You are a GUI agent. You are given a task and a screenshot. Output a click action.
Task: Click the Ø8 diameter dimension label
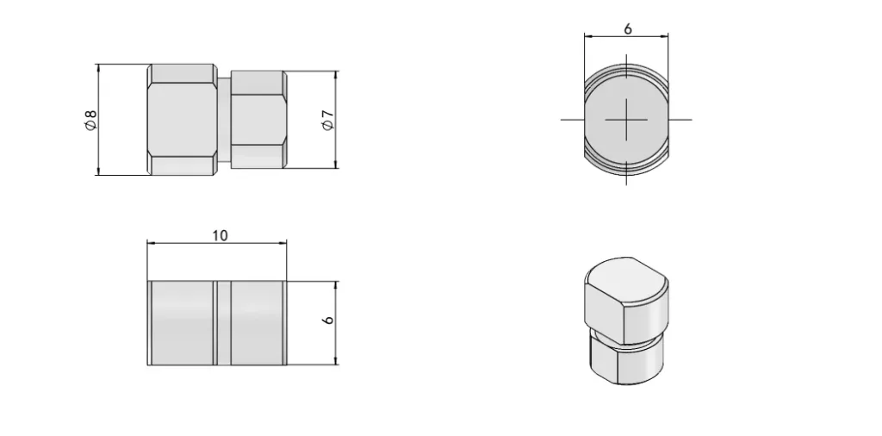[x=90, y=120]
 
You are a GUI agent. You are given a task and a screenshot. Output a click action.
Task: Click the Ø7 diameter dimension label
[x=326, y=120]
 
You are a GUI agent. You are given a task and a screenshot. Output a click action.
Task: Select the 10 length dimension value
[x=220, y=235]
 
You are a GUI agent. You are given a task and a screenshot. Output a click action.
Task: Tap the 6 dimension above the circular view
[x=627, y=28]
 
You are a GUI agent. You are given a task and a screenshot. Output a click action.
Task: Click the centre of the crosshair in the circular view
[x=626, y=119]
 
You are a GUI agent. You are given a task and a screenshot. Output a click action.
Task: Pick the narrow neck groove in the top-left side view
[x=224, y=120]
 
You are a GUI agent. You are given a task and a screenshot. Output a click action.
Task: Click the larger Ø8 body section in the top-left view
[x=182, y=120]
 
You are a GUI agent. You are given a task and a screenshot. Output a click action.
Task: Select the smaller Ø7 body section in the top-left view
[x=259, y=120]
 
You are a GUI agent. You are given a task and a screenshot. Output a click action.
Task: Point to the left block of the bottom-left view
[x=182, y=323]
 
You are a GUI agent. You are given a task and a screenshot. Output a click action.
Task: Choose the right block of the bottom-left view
[x=258, y=323]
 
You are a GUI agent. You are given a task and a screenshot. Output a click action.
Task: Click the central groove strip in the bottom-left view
[x=223, y=323]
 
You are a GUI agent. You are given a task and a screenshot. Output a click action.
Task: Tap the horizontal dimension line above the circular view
[x=603, y=37]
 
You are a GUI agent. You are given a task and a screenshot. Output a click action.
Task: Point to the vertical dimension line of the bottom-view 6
[x=336, y=345]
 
